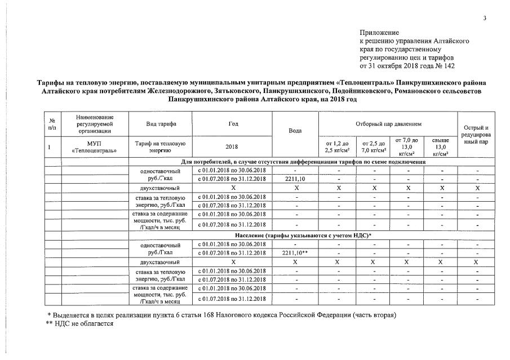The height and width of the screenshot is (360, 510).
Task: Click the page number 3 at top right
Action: (x=484, y=19)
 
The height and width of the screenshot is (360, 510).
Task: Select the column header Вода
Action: (x=295, y=130)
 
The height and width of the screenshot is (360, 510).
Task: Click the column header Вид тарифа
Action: (x=161, y=123)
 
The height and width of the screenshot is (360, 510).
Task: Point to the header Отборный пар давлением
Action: (x=388, y=123)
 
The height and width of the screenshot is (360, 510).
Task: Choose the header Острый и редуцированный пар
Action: (x=477, y=135)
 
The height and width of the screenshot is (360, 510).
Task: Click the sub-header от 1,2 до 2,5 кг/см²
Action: (x=338, y=147)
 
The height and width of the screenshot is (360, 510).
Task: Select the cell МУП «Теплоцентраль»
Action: (x=94, y=147)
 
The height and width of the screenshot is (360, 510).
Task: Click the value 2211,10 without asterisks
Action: (x=295, y=179)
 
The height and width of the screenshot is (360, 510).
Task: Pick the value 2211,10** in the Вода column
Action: (x=295, y=253)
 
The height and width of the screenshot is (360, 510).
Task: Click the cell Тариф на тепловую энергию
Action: (x=161, y=147)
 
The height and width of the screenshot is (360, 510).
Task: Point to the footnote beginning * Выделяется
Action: (x=221, y=314)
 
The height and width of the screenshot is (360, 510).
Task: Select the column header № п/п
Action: (x=52, y=123)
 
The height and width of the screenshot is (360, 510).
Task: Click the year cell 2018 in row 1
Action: (x=232, y=147)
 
